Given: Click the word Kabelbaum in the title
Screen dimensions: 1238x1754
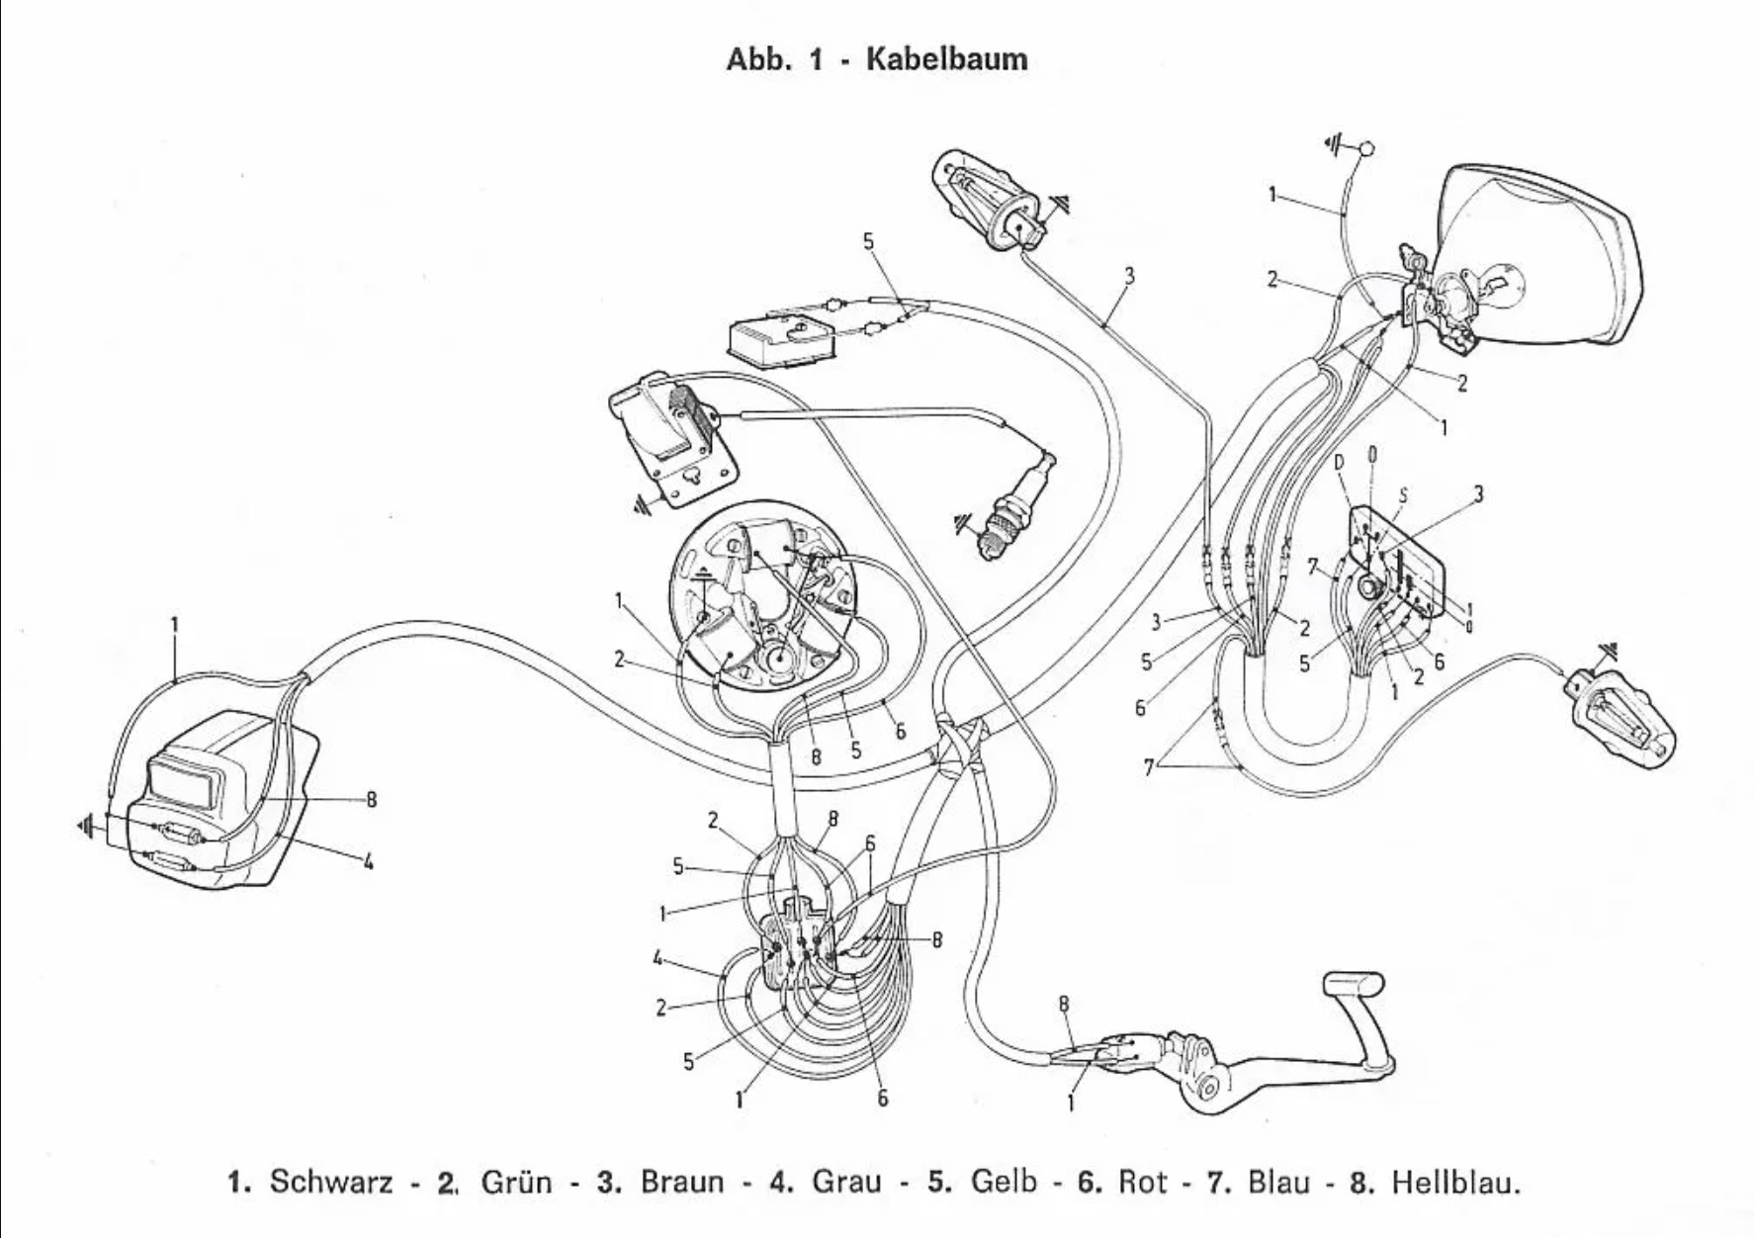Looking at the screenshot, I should (946, 59).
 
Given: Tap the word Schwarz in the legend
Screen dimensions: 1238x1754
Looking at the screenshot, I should (330, 1182).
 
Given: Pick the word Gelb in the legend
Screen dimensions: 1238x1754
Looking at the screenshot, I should (1005, 1182).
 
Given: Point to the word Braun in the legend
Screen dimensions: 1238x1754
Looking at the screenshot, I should (681, 1182).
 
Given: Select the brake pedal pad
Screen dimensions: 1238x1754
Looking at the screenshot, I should (1352, 986).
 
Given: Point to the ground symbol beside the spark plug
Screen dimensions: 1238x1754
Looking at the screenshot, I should (964, 521).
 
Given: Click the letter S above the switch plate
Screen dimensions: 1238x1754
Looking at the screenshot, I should (1403, 495).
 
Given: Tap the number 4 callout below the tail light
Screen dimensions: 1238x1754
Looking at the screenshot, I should (368, 862).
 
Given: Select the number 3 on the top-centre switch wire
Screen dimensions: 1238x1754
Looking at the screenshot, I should (1129, 277).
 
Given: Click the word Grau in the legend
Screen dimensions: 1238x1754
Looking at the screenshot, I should (845, 1182).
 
